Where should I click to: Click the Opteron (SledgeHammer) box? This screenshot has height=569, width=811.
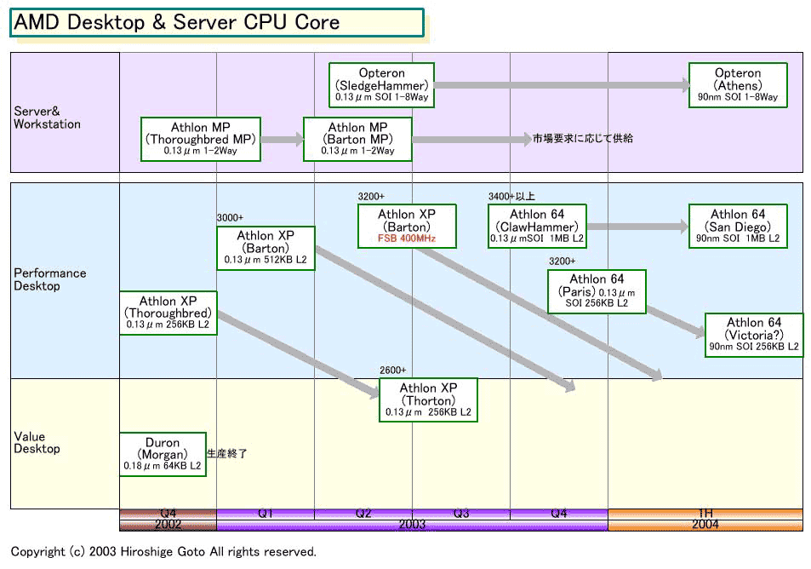381,85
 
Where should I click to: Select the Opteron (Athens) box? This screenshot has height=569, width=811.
738,85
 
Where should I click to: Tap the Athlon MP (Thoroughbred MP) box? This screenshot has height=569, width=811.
200,139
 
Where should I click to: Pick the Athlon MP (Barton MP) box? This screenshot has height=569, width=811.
357,139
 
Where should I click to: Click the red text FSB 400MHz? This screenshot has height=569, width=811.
407,239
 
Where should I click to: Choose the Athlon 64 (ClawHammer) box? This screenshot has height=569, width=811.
537,227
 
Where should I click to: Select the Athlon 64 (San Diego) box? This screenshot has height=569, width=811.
738,227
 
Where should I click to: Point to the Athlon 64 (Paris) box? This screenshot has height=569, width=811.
597,291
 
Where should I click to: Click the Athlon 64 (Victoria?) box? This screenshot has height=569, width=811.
754,335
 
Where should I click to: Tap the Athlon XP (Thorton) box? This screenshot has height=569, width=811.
428,399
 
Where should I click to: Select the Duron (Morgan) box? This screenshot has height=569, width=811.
163,454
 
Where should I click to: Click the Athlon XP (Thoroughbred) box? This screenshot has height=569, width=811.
168,313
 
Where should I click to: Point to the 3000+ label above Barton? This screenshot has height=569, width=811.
230,218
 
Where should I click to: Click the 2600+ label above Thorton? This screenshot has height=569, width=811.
392,371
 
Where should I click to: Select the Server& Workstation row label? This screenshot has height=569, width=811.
47,118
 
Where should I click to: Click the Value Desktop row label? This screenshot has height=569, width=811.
37,442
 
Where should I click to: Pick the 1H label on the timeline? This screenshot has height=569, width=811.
705,513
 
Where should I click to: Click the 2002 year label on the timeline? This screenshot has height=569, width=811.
168,525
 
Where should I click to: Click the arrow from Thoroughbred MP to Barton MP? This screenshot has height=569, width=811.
283,139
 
